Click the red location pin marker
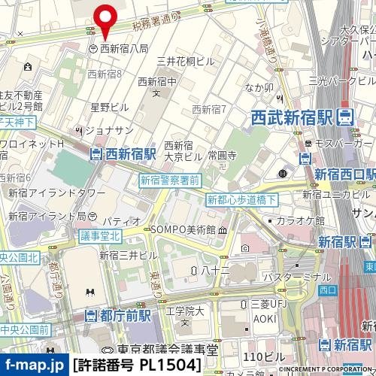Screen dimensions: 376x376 [105, 19]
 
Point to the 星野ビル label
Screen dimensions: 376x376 [110, 108]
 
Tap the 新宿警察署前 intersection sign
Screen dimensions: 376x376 [169, 180]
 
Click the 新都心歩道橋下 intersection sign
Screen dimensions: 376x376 [241, 199]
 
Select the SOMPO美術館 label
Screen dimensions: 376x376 [189, 229]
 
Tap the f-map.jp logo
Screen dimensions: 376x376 [34, 366]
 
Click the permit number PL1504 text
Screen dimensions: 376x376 [137, 366]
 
